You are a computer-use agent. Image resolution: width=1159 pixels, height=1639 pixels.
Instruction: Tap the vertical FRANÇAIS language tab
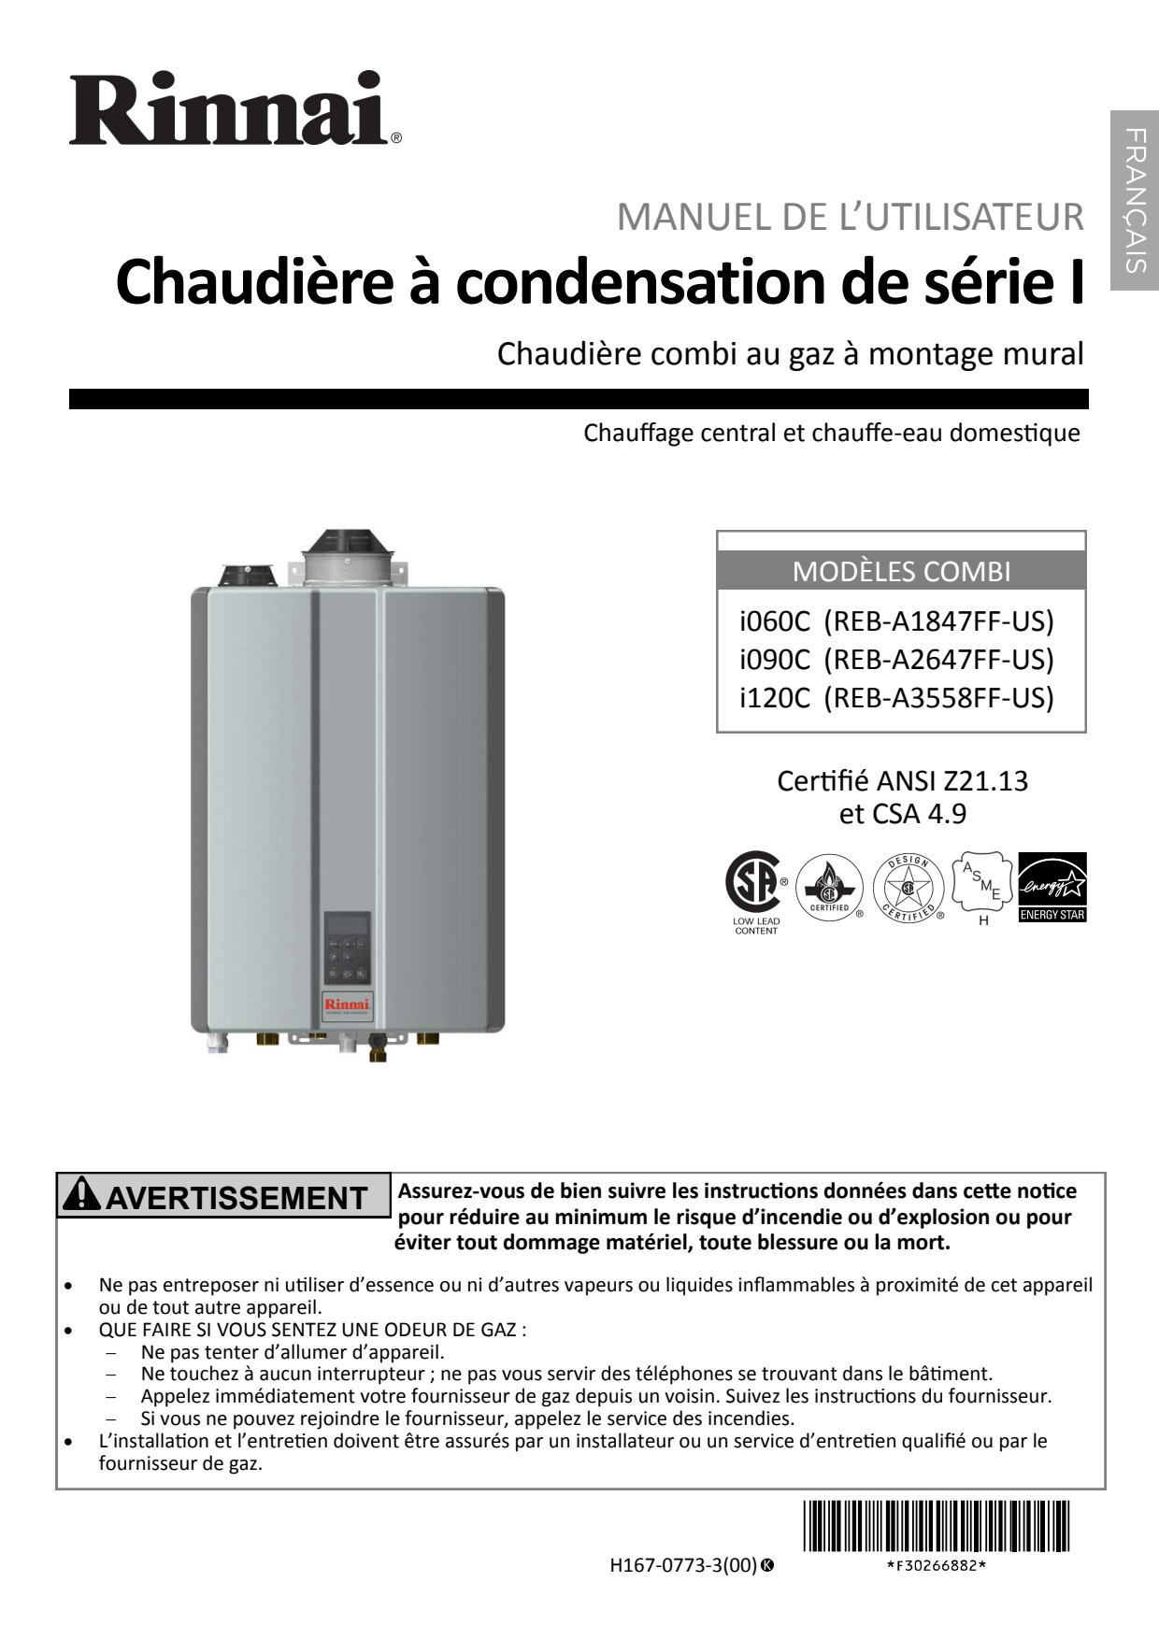point(1135,200)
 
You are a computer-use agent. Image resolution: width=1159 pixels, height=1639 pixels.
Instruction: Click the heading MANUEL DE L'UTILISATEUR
point(850,217)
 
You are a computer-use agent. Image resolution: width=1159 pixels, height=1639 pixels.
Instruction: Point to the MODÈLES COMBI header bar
point(901,571)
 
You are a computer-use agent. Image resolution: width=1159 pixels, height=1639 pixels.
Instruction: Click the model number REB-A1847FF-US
point(938,621)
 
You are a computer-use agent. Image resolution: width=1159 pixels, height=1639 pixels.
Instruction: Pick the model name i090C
point(774,660)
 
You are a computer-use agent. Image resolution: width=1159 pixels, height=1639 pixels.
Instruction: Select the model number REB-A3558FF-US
point(938,698)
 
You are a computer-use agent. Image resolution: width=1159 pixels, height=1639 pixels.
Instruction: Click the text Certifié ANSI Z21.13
point(902,780)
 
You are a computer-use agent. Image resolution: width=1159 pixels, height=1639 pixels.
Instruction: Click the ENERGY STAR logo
point(1052,887)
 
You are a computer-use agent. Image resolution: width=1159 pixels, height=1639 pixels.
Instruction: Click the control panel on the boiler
point(348,948)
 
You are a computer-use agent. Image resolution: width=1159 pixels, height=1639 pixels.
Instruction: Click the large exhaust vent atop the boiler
point(342,559)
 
